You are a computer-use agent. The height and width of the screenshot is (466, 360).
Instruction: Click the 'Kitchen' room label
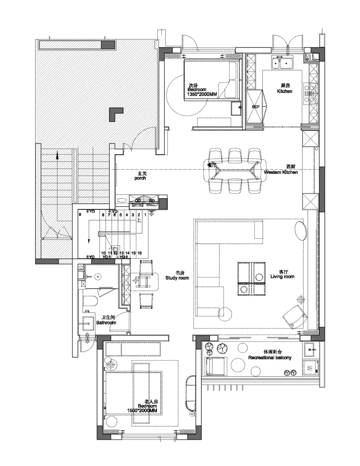(284, 91)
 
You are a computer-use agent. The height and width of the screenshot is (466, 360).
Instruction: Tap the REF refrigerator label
(256, 107)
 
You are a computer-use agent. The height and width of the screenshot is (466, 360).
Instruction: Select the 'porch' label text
(140, 178)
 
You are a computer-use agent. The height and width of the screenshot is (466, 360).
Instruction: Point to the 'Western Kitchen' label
(281, 172)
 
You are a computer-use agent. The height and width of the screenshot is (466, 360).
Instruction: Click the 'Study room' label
(177, 278)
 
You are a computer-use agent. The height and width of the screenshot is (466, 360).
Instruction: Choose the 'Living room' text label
(282, 276)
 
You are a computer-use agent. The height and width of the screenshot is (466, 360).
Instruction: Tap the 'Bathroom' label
(106, 322)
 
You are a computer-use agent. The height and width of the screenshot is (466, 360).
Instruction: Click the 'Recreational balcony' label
(270, 358)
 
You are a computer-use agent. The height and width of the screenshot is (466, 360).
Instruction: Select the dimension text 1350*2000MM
(202, 94)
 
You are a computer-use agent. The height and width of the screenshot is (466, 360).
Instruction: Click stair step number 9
(80, 215)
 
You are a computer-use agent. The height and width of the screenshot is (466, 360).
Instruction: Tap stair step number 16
(140, 253)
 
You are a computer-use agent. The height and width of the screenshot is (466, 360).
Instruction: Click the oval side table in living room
(301, 230)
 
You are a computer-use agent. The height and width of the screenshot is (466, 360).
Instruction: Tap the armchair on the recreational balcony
(216, 366)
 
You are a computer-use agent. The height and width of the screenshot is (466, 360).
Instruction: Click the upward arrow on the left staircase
(57, 155)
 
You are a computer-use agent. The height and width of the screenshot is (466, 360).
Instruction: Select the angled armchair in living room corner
(296, 316)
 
